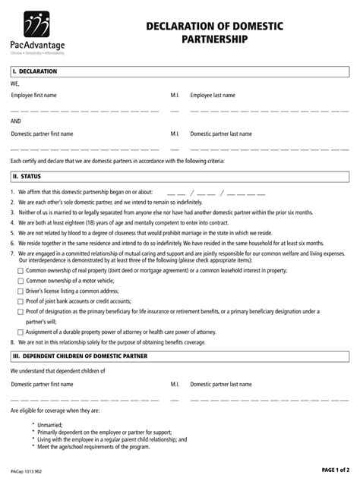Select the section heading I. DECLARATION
click(x=35, y=71)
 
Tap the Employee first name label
click(x=33, y=96)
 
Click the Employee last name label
click(x=213, y=96)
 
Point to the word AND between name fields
click(x=16, y=121)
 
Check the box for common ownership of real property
click(x=21, y=269)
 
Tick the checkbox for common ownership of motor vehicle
click(x=21, y=280)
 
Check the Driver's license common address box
click(x=21, y=291)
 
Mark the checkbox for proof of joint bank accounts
click(x=21, y=301)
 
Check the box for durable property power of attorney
click(x=21, y=332)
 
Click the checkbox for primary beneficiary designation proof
click(x=21, y=311)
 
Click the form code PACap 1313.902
click(x=27, y=470)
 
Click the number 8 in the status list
click(x=13, y=342)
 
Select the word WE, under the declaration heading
click(x=15, y=84)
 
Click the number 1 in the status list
click(x=13, y=193)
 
